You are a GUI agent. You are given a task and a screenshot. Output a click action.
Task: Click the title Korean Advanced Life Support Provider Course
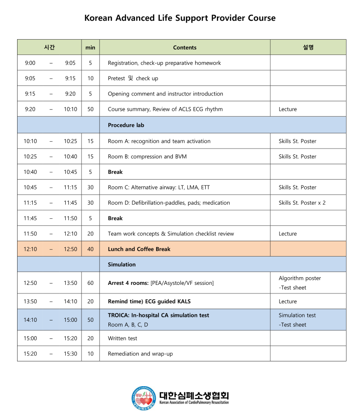point(180,18)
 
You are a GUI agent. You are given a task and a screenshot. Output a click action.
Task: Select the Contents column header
point(184,48)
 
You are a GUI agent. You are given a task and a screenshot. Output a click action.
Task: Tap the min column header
point(90,48)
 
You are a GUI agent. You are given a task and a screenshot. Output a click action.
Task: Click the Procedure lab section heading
point(126,126)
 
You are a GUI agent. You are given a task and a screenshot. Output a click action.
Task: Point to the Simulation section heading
point(121,265)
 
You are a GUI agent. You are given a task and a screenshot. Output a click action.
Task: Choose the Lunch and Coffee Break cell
point(139,249)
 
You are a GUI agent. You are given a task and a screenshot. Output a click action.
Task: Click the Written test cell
point(122,338)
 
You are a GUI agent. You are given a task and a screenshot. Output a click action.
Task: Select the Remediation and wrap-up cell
point(140,354)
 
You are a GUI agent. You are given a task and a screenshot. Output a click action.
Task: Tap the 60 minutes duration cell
point(90,283)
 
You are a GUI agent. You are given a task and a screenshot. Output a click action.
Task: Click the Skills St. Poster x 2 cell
point(302,203)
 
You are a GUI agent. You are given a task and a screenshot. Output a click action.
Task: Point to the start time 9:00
point(30,63)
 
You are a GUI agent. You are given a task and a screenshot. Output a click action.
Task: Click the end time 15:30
point(70,354)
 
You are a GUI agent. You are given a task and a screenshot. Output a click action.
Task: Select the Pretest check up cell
point(133,78)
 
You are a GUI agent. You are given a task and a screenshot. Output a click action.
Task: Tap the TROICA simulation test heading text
point(158,315)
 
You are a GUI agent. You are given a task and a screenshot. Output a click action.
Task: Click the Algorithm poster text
point(300,278)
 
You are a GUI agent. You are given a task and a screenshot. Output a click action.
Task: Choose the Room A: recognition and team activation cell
point(159,141)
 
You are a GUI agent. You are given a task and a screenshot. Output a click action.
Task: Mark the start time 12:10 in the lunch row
point(30,249)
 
